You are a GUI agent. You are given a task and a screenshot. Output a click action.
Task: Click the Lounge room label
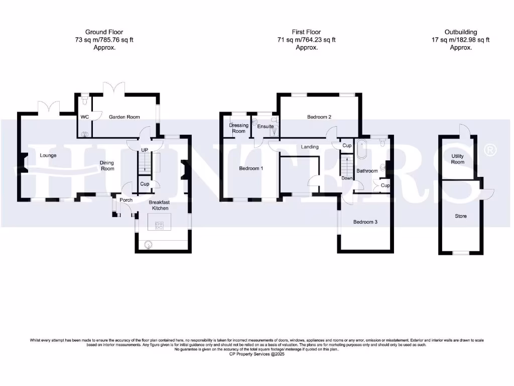pyautogui.click(x=48, y=155)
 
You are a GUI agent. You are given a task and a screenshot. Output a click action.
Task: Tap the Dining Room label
pyautogui.click(x=106, y=165)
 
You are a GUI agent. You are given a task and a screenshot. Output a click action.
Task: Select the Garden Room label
pyautogui.click(x=124, y=117)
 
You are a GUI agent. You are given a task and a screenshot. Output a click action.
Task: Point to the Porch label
pyautogui.click(x=126, y=200)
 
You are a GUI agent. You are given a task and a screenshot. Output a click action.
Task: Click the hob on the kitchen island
pyautogui.click(x=160, y=226)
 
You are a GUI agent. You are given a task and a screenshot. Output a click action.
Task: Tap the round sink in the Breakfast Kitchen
pyautogui.click(x=148, y=245)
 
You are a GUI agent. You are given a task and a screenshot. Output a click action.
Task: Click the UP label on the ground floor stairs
pyautogui.click(x=144, y=150)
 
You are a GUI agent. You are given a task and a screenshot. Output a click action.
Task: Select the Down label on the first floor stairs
pyautogui.click(x=347, y=178)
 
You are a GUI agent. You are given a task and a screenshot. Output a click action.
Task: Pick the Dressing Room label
pyautogui.click(x=238, y=128)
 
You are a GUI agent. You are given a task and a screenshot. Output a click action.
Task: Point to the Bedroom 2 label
pyautogui.click(x=319, y=117)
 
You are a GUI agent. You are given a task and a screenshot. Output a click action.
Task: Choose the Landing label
pyautogui.click(x=310, y=147)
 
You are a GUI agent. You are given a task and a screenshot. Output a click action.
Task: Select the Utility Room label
pyautogui.click(x=457, y=159)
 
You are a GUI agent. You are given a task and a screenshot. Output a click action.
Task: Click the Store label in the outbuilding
pyautogui.click(x=460, y=216)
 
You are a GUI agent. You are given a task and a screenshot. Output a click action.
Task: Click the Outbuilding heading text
pyautogui.click(x=460, y=32)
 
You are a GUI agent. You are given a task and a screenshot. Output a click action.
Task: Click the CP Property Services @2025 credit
pyautogui.click(x=257, y=354)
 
